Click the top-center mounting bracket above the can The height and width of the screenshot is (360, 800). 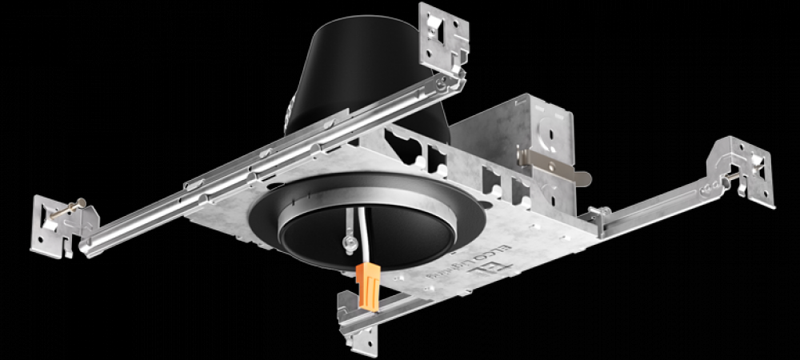click(x=444, y=36)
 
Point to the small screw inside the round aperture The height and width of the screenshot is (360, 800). click(x=350, y=241)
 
